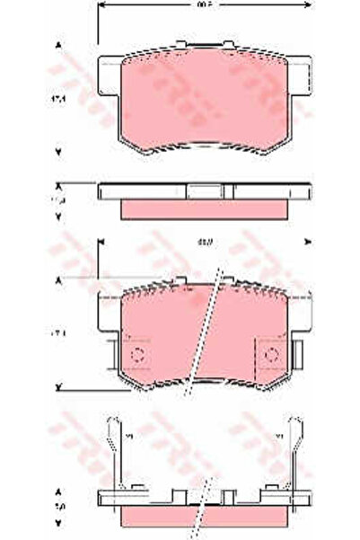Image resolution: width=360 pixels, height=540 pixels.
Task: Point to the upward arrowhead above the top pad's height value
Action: coord(60,44)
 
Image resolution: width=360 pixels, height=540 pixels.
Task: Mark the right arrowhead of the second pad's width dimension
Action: coord(307,241)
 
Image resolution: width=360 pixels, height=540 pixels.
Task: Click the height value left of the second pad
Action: coord(59,333)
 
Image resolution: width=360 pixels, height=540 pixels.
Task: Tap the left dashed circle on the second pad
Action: coord(137,356)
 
